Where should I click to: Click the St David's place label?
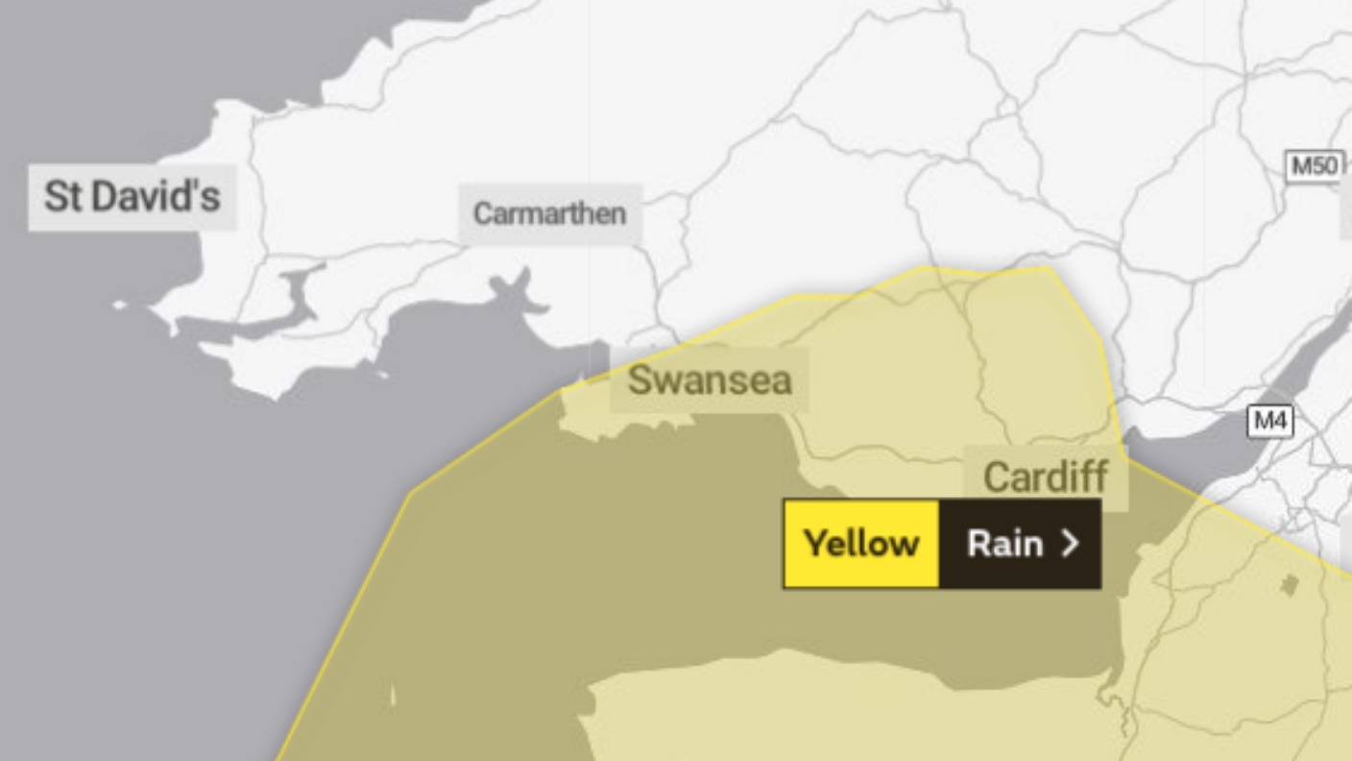[x=133, y=197]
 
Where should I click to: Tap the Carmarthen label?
[x=549, y=213]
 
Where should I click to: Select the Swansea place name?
[x=710, y=380]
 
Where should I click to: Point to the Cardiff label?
[x=1046, y=477]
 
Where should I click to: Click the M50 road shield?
[x=1314, y=166]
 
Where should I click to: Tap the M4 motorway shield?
[x=1270, y=421]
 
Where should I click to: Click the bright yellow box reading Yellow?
[x=860, y=544]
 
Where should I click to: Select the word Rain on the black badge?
[x=1004, y=544]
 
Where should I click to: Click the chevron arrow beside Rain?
[x=1070, y=544]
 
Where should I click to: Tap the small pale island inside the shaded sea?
[x=393, y=696]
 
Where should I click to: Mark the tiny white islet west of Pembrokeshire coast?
[x=119, y=306]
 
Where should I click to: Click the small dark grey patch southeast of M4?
[x=1290, y=584]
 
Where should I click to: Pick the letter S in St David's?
[x=56, y=197]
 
